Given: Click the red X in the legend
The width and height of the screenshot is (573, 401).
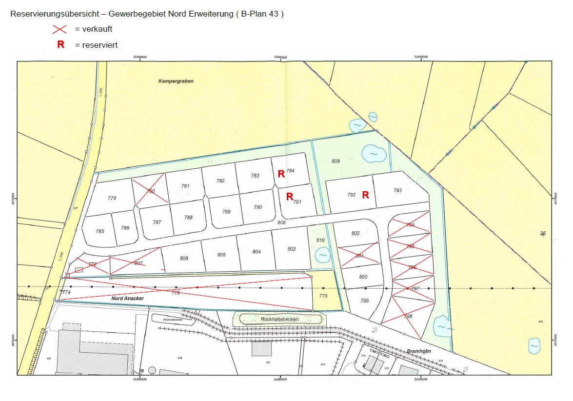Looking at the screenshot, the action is pos(59,29).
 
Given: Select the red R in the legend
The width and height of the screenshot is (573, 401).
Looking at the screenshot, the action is pos(61,44).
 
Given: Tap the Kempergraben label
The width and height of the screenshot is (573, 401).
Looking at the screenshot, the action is pos(176,81).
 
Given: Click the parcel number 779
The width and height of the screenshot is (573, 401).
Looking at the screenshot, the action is pos(112,198).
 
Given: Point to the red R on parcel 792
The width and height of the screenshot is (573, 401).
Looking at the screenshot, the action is pos(365,195).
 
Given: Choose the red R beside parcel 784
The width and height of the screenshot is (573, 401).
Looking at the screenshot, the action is pos(281,173).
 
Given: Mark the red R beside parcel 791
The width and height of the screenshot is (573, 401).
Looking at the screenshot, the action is pos(289,197).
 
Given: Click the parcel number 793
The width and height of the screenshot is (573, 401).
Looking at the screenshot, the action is pos(397,190).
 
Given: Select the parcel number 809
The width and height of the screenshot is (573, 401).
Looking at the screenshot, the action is pos(336,161).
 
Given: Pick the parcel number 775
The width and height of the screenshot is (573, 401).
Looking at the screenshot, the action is pos(323,296).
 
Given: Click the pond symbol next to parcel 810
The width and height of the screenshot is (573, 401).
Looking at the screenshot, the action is pos(322,255).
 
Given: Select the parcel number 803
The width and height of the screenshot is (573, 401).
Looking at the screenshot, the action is pos(292,249).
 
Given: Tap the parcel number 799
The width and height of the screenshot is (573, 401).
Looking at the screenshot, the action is pos(364,301).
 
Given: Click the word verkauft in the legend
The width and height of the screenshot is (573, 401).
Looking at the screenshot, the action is pos(97,29).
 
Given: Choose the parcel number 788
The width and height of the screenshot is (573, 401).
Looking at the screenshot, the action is pos(188,218).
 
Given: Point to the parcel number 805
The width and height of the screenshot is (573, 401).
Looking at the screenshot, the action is pos(221,255).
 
